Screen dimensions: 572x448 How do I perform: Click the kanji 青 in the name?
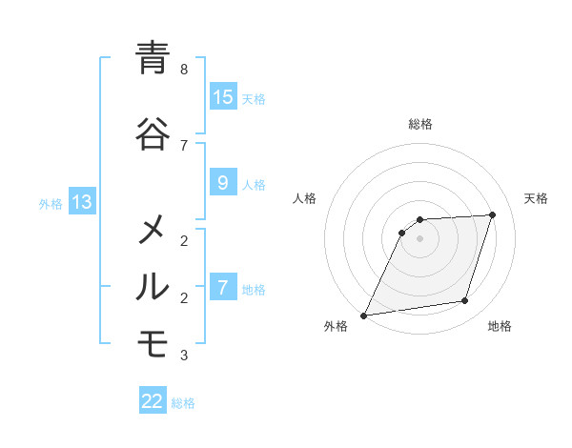[x=153, y=58]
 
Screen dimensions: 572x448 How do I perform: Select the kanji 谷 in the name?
[x=153, y=133]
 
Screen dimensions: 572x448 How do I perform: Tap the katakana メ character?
[x=153, y=230]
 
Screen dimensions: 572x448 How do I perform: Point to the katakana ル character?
[x=153, y=287]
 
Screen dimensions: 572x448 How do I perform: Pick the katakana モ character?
[x=153, y=344]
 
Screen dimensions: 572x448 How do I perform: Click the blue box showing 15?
[x=223, y=97]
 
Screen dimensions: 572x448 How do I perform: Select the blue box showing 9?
[x=223, y=183]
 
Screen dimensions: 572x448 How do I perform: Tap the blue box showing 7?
[x=223, y=288]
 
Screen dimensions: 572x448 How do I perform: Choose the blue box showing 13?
[x=81, y=202]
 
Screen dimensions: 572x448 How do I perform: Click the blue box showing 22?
[x=153, y=401]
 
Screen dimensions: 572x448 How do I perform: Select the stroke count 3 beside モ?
[x=184, y=356]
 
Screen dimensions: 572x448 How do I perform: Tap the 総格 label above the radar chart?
[x=419, y=124]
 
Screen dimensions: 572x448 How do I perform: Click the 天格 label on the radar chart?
[x=536, y=198]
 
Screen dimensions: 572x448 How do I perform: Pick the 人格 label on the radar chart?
[x=304, y=198]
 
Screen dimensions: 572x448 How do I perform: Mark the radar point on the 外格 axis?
[x=363, y=316]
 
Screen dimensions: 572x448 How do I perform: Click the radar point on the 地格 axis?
[x=465, y=301]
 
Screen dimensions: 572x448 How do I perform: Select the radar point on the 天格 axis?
[x=493, y=214]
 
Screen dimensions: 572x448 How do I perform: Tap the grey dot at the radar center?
[x=419, y=238]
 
